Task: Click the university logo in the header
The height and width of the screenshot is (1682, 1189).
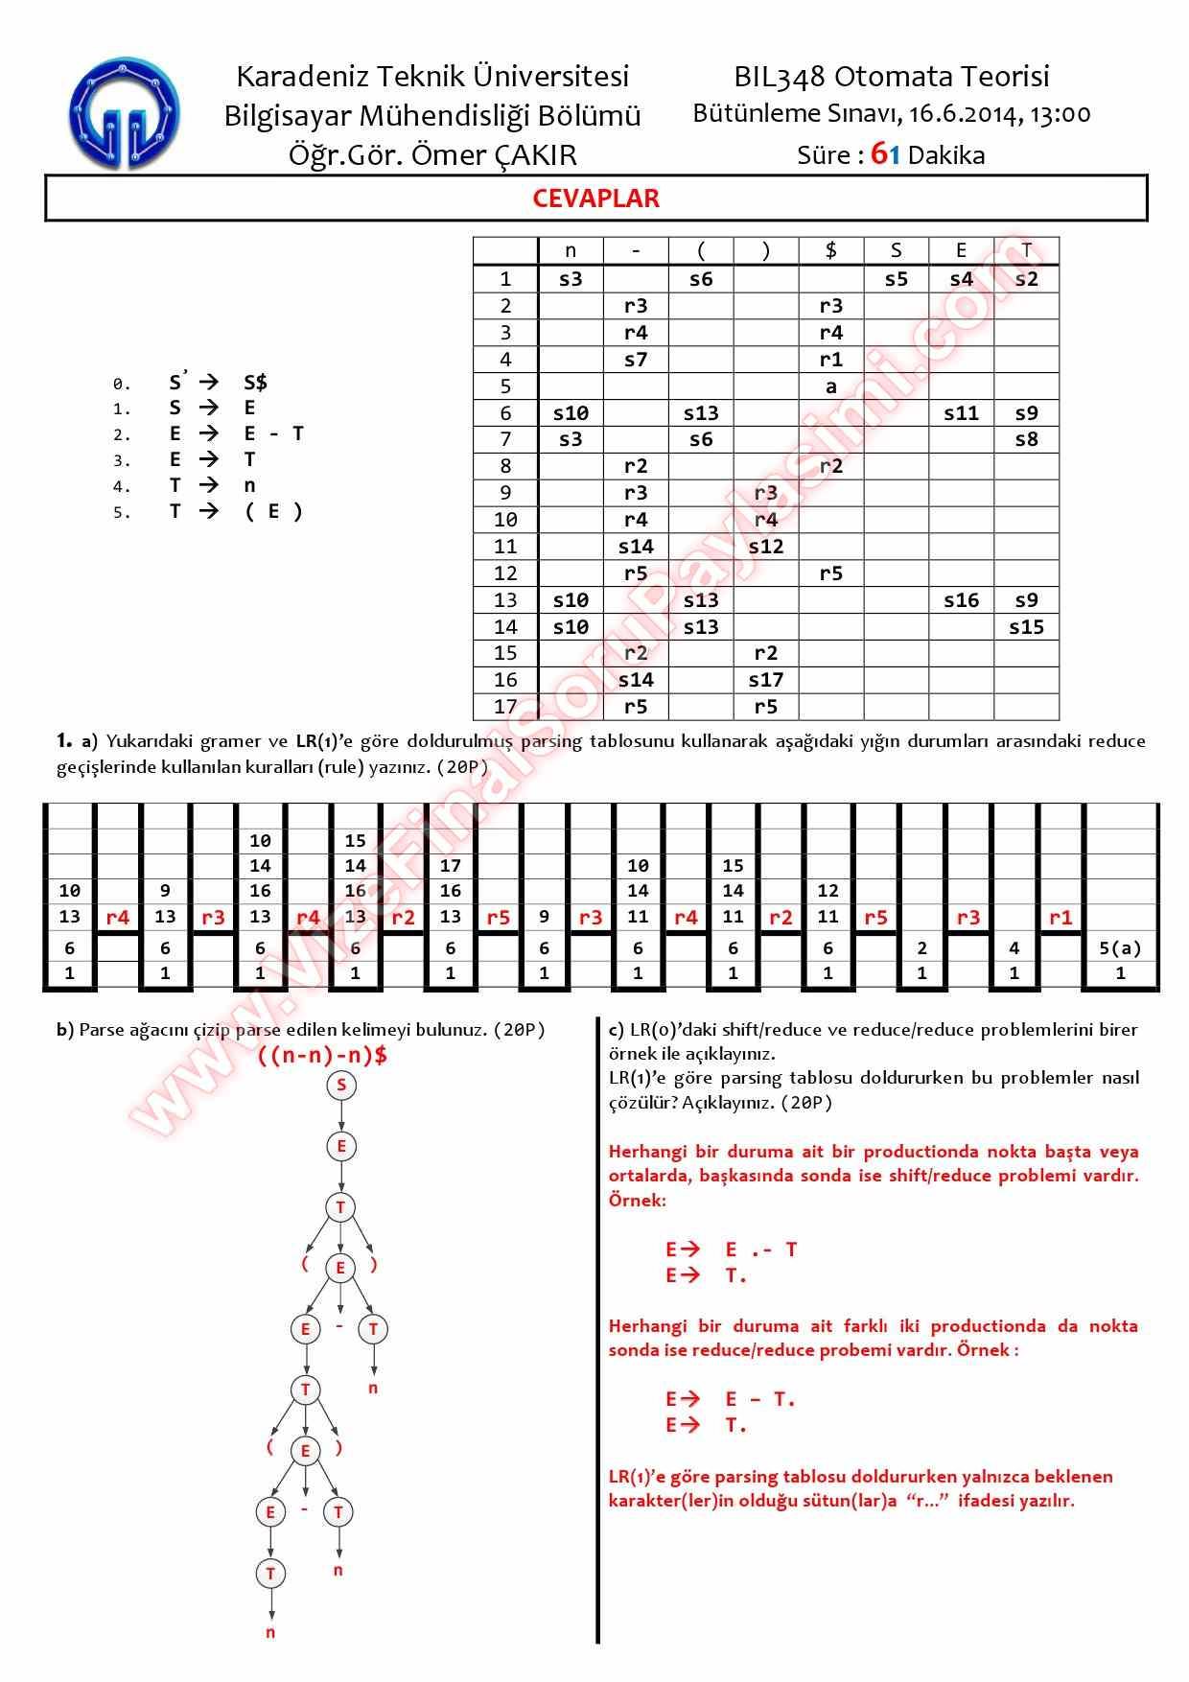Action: (x=123, y=114)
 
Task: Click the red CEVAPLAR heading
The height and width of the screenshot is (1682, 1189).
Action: (x=595, y=199)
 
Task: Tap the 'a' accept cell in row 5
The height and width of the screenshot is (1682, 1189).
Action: (x=830, y=386)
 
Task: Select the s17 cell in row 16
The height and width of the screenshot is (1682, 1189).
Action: (x=765, y=680)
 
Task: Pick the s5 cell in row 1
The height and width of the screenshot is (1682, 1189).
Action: (x=896, y=279)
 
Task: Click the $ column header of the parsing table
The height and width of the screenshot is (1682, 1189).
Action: (x=830, y=251)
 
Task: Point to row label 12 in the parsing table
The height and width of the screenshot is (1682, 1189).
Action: (x=505, y=573)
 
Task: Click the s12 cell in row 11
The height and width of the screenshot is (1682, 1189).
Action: (x=765, y=547)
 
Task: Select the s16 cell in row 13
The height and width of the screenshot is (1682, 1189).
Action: (x=961, y=600)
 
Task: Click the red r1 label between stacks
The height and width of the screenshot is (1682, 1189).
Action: (x=1061, y=918)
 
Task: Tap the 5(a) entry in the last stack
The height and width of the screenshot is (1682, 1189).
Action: (x=1120, y=948)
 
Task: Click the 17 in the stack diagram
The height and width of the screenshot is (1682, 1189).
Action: (x=450, y=866)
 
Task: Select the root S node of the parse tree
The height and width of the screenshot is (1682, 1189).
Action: (x=341, y=1086)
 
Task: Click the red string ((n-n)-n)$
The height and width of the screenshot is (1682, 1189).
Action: (x=322, y=1056)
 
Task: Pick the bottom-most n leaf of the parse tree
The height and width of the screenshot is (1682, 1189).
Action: (x=270, y=1632)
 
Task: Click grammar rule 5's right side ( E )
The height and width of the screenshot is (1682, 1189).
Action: (x=273, y=511)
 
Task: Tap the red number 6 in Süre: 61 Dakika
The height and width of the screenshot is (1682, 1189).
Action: (x=878, y=154)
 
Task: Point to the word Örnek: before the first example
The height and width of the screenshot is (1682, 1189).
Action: (x=637, y=1200)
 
